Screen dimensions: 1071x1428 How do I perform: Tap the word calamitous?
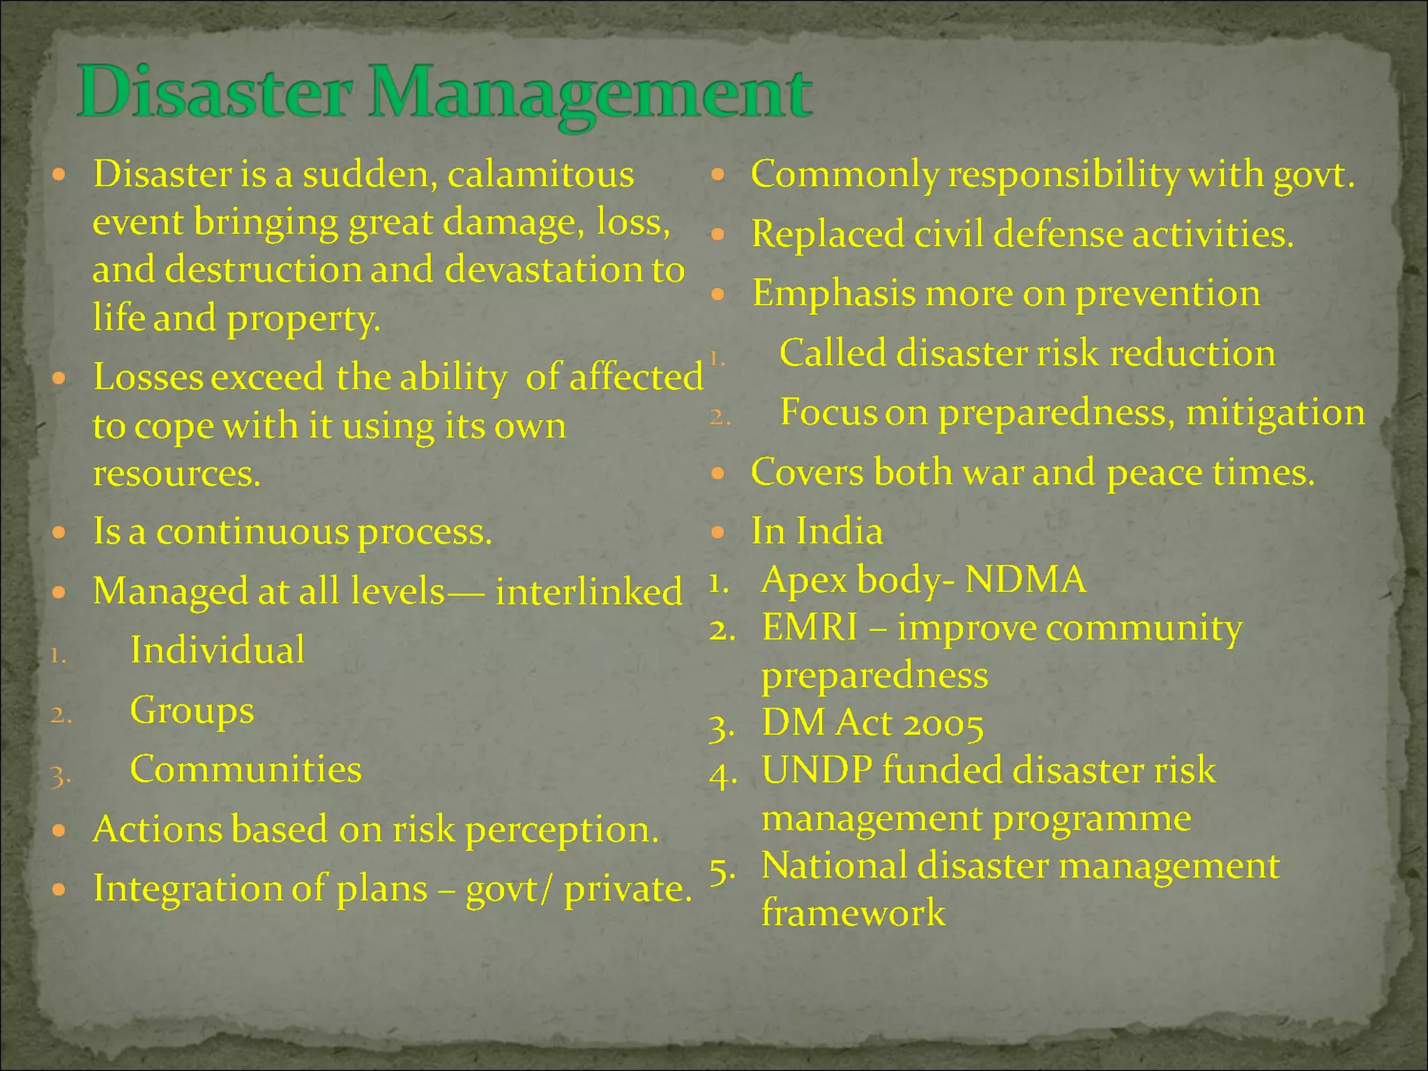click(x=540, y=174)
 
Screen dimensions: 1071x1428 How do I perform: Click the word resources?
click(x=176, y=474)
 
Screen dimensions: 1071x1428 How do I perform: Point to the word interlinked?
click(x=588, y=592)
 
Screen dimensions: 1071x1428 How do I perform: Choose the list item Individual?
click(x=218, y=651)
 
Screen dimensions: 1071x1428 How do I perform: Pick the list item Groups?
click(x=192, y=711)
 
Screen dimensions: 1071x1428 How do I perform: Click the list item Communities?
click(x=245, y=770)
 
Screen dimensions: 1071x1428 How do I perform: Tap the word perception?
click(x=561, y=830)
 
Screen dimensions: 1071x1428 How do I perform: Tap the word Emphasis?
click(x=833, y=294)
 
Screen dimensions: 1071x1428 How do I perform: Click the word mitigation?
click(x=1275, y=413)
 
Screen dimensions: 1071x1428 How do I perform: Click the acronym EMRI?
click(x=810, y=628)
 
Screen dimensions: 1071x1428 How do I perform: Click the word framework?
click(x=853, y=913)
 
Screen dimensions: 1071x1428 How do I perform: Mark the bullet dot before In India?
click(x=718, y=533)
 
